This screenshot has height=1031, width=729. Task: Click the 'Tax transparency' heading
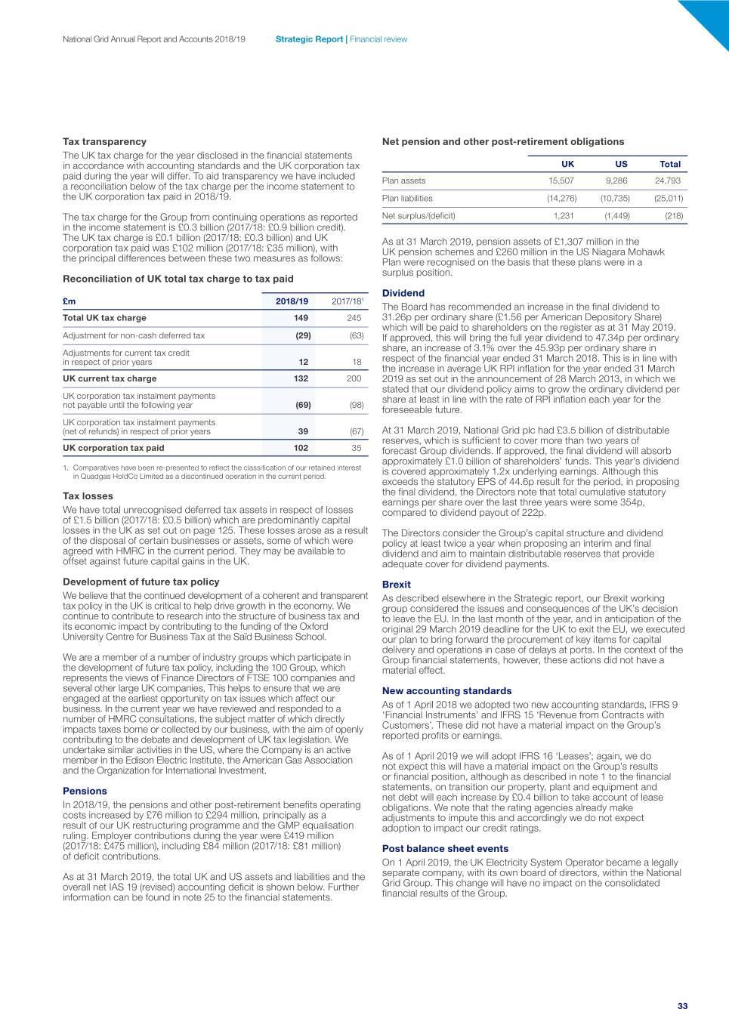[104, 141]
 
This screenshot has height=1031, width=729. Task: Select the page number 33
[682, 1005]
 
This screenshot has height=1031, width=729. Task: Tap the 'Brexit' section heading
[397, 585]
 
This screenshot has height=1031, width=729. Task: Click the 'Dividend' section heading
[403, 293]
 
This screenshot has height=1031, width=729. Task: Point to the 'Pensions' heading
[85, 791]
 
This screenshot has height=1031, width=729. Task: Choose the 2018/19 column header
[292, 301]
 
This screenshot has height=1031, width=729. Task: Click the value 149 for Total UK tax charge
[301, 318]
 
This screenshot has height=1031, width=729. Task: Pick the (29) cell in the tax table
[303, 335]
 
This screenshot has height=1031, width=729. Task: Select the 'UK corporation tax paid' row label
[113, 448]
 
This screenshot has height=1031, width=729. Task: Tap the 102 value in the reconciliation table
[301, 448]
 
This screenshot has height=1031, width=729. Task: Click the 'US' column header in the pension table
[621, 164]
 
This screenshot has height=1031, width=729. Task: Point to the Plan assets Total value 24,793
[667, 181]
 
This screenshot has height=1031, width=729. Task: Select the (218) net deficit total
[674, 216]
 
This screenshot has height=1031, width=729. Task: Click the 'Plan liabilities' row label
[407, 199]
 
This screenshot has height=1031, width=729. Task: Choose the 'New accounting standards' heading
[446, 690]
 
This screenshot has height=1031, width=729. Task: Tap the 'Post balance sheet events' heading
[445, 848]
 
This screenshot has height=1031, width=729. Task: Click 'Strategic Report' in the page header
[309, 39]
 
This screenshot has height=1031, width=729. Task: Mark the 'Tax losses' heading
[88, 496]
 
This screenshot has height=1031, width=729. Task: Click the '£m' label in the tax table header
[69, 301]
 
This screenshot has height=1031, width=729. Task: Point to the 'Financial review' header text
[378, 39]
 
